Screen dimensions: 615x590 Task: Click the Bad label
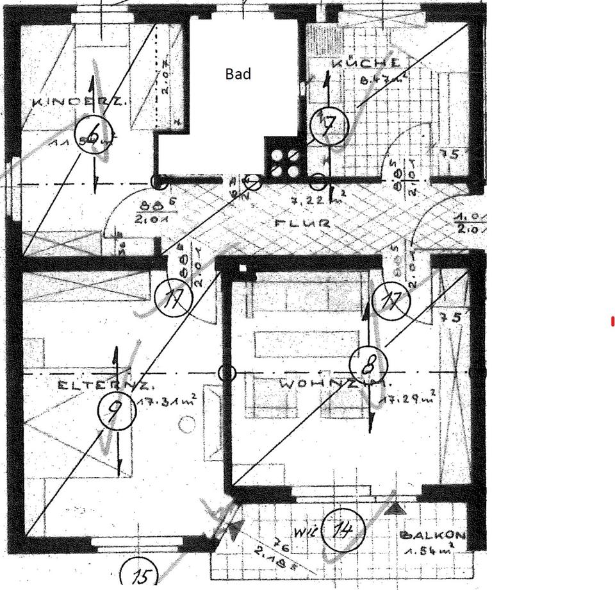tap(238, 74)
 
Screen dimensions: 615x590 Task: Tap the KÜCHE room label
tap(366, 63)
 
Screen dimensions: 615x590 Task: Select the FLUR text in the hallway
tap(302, 224)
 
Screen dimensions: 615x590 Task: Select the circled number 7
tap(329, 126)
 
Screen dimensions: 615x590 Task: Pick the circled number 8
tap(368, 366)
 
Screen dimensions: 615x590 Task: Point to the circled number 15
tap(140, 573)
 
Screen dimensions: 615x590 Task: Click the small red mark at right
tap(612, 321)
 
